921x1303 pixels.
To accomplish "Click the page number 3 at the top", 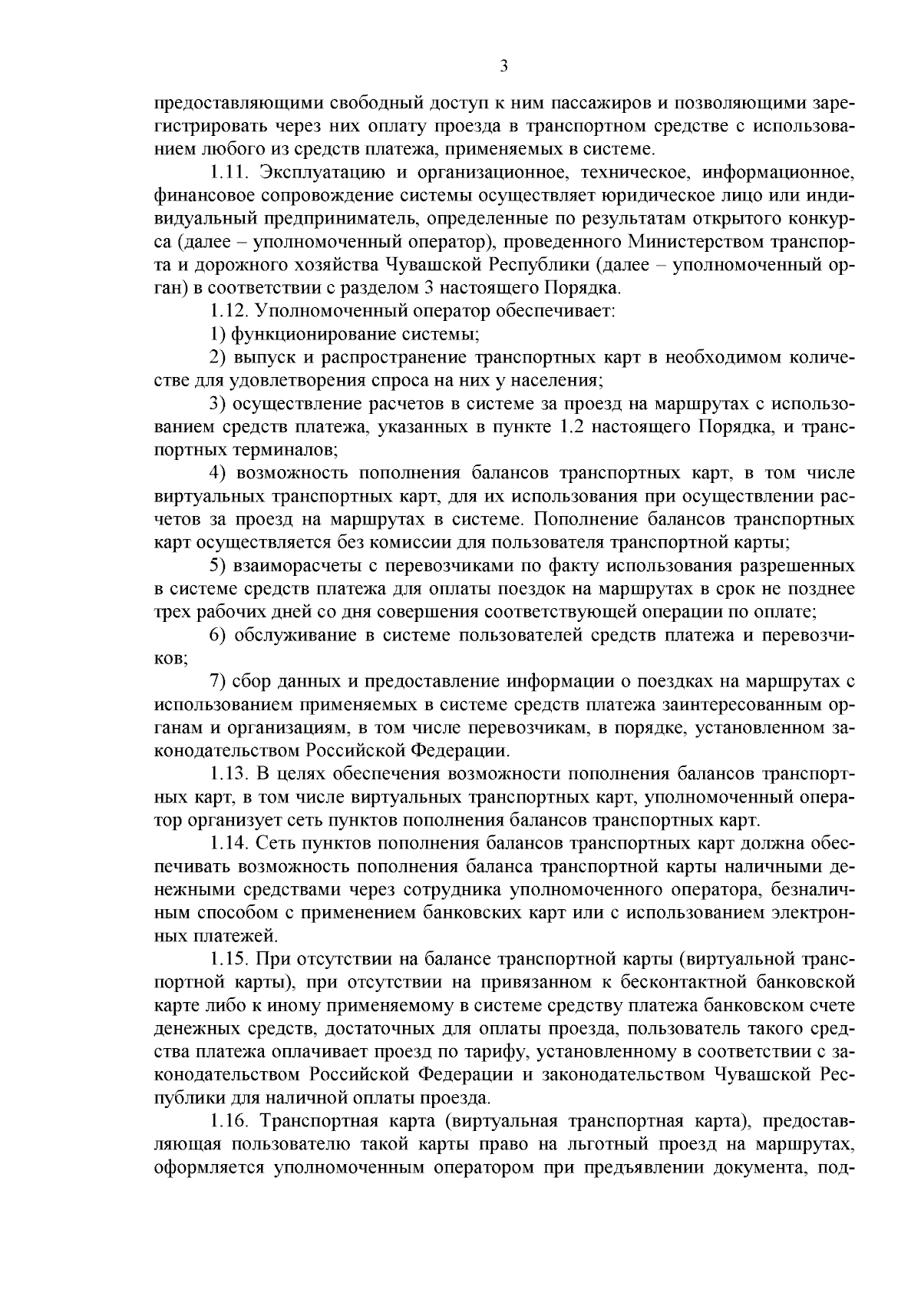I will pos(503,66).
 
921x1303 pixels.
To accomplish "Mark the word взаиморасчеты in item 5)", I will pos(297,567).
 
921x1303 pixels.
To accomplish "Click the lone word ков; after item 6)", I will pos(170,659).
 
